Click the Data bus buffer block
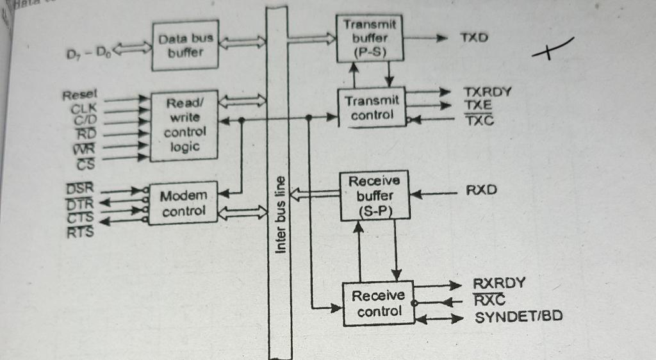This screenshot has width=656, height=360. (x=185, y=46)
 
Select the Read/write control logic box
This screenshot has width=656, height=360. (x=185, y=125)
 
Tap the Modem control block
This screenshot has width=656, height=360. (x=183, y=203)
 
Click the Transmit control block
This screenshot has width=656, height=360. (x=372, y=108)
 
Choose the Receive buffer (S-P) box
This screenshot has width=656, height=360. (x=375, y=195)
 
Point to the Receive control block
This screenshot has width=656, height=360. (x=378, y=304)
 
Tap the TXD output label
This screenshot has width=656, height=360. (x=473, y=38)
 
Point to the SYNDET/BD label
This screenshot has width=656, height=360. (x=519, y=316)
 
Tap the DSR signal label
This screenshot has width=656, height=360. (x=79, y=188)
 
